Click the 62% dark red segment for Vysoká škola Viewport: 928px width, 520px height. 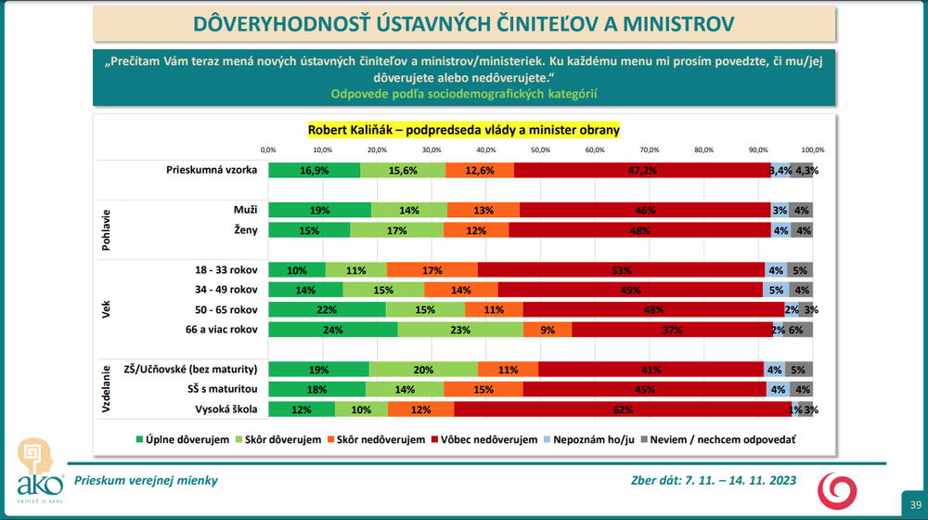tap(622, 409)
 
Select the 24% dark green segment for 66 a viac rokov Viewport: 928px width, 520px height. tap(332, 329)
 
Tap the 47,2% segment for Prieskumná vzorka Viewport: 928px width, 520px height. tap(642, 170)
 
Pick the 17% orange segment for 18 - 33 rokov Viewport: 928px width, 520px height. tap(432, 269)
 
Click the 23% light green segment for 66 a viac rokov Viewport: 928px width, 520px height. tap(459, 329)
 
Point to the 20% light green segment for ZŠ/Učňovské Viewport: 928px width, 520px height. tap(423, 369)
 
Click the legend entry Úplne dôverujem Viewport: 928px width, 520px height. tap(183, 439)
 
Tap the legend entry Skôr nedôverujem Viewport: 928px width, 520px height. tap(380, 439)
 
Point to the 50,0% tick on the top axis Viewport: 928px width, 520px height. tap(540, 149)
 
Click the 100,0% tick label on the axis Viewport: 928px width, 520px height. tap(813, 149)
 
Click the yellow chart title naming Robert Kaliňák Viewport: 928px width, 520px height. tap(463, 130)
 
